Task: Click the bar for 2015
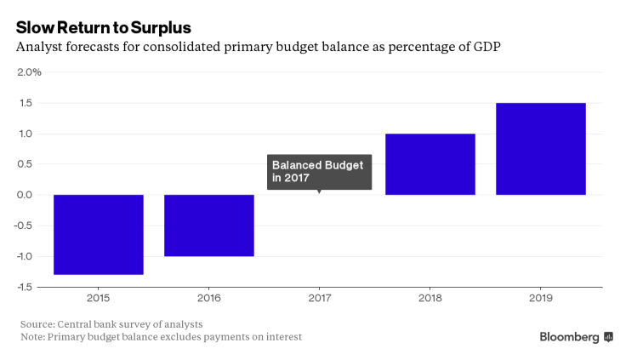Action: click(x=98, y=234)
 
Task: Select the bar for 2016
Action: click(x=208, y=225)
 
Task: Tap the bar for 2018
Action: click(x=430, y=164)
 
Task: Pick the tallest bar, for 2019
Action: click(x=540, y=149)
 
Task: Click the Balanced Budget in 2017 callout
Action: click(x=319, y=171)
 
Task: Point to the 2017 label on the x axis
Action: click(x=319, y=299)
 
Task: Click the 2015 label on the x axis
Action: click(x=98, y=299)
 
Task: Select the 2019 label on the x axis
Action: click(x=540, y=299)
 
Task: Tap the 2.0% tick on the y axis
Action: click(x=29, y=71)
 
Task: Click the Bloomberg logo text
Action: click(x=569, y=337)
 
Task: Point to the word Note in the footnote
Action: click(x=34, y=337)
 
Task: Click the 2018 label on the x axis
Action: click(x=430, y=299)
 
